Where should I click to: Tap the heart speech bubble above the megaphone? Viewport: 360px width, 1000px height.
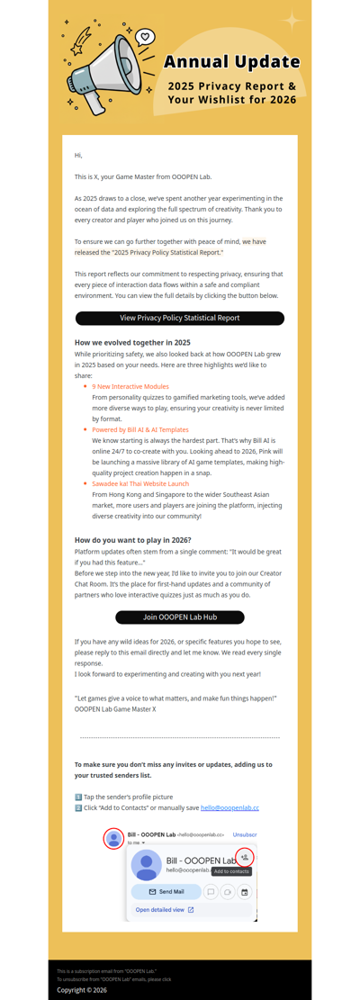[145, 38]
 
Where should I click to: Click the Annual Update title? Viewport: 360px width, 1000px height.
[231, 62]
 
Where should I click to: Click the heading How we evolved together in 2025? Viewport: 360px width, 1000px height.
[132, 342]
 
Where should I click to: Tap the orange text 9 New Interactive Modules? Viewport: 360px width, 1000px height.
[130, 386]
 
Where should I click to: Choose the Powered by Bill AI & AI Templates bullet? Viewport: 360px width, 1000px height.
[140, 430]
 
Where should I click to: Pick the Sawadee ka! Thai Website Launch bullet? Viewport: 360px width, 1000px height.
[140, 483]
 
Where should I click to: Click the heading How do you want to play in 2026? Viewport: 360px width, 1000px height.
[133, 540]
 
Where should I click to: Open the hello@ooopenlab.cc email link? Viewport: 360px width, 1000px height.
[229, 807]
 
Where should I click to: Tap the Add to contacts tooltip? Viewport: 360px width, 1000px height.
[231, 871]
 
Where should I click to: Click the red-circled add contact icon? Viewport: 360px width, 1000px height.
[244, 857]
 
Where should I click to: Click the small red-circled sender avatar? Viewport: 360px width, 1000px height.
[113, 838]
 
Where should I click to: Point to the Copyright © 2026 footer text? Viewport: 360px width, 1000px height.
[82, 989]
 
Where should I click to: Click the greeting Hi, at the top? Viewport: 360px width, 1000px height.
[78, 156]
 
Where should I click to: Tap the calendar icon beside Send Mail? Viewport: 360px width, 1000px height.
[244, 892]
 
